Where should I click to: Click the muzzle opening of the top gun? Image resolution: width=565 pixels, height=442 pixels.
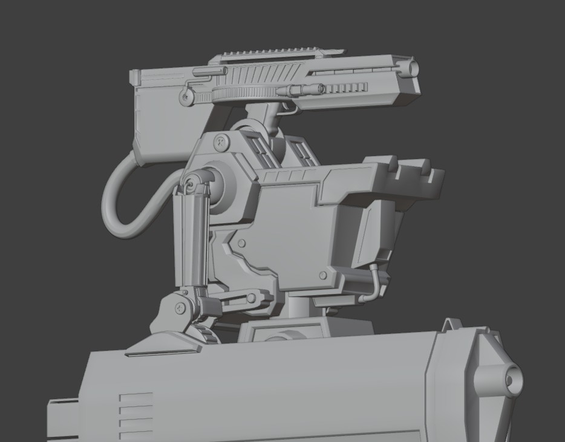(414, 67)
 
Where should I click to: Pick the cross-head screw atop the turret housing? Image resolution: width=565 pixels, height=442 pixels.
(221, 143)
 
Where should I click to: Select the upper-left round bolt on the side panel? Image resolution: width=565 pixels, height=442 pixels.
(241, 244)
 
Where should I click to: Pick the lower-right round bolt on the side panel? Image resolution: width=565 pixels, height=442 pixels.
(322, 275)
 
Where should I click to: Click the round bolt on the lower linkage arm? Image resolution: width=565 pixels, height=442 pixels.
(250, 297)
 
